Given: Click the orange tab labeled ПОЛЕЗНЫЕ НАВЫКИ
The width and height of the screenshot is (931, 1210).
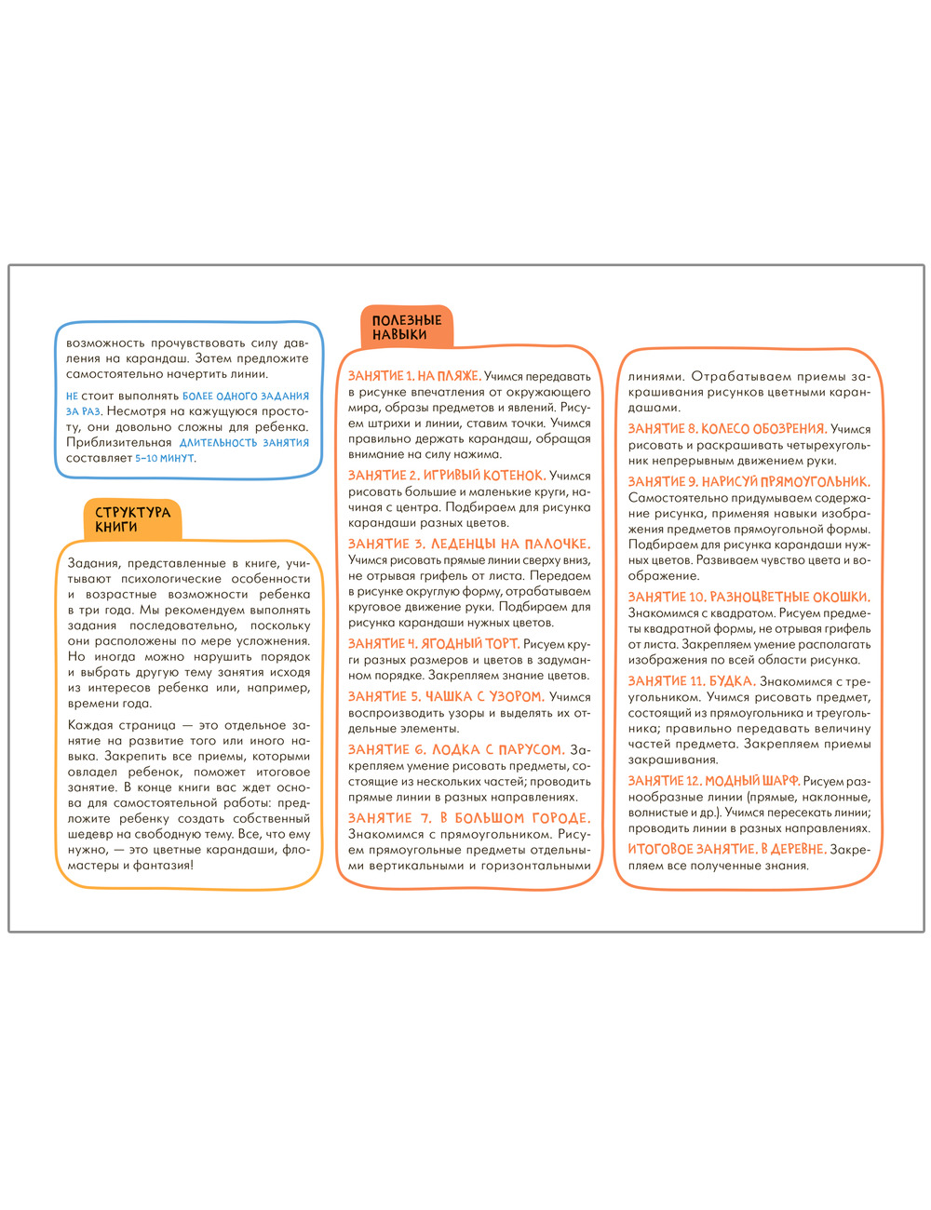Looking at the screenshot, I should pos(406,328).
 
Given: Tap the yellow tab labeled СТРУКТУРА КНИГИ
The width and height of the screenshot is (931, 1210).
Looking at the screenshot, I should pos(132,519).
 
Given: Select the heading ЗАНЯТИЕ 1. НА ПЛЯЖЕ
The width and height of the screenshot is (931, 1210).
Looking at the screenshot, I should pos(414,376).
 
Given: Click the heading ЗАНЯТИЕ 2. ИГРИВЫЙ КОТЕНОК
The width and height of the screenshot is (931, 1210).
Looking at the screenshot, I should pos(445,476).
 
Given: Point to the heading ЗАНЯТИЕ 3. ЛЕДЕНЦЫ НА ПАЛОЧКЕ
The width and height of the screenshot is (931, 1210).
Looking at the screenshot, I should pos(469,544).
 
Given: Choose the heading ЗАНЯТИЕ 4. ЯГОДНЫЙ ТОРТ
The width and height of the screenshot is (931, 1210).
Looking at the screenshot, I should pos(433,644).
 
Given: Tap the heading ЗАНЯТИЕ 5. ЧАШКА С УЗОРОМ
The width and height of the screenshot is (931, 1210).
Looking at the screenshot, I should pos(445,696).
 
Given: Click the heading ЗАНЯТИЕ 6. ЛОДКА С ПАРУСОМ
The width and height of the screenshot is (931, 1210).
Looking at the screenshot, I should pos(456,749).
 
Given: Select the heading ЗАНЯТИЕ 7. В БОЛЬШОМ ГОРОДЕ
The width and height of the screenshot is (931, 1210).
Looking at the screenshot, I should pos(469,818).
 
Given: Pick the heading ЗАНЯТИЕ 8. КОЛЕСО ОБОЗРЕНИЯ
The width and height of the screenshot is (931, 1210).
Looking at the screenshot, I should pos(727,429).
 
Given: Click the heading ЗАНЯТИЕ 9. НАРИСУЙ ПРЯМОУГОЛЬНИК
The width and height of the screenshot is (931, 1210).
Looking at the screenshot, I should pos(749,482).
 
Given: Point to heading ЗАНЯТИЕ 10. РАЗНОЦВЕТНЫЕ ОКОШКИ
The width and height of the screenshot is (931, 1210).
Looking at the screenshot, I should pos(749,597).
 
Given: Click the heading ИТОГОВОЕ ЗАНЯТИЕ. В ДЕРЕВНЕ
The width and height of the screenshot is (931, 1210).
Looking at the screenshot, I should pos(727,849).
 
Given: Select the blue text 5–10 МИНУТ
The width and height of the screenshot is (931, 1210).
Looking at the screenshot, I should pos(166,459).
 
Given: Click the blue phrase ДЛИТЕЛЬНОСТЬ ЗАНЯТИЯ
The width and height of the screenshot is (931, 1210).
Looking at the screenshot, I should pos(244,443).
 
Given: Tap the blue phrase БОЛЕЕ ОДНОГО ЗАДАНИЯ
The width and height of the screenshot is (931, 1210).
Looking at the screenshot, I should pos(246,396).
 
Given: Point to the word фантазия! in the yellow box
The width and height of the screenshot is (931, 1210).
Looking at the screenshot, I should pos(166,866).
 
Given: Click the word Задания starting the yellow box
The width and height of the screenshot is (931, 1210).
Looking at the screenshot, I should pos(93,563).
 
